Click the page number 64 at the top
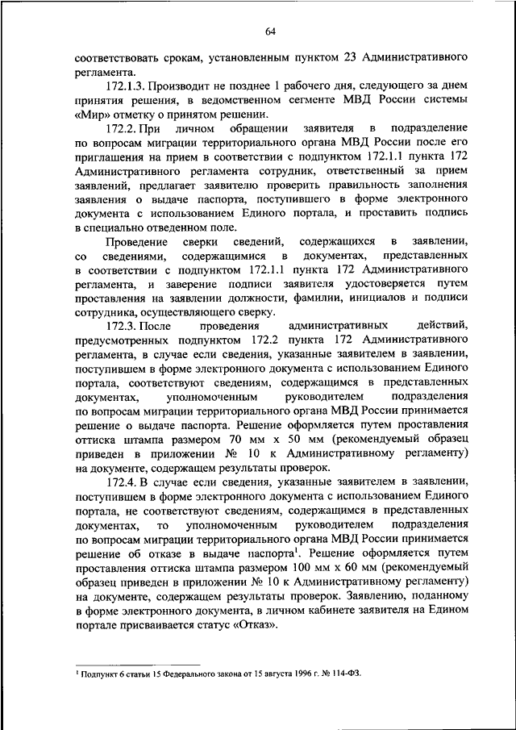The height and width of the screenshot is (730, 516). [269, 31]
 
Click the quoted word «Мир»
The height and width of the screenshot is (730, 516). [91, 115]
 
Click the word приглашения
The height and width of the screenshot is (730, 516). [115, 156]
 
